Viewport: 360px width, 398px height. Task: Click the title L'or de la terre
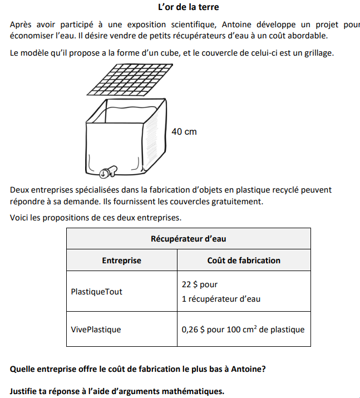pos(189,7)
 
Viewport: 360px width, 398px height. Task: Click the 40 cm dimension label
pos(184,132)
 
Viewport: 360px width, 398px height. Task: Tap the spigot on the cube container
pos(109,170)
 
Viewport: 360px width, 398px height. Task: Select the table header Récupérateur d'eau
pos(188,239)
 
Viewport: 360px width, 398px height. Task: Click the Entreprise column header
pos(121,260)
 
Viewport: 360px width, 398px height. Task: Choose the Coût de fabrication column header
pos(244,260)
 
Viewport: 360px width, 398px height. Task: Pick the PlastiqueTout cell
pos(97,291)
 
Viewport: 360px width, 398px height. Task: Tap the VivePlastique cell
pos(96,329)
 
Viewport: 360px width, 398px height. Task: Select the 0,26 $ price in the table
pos(194,329)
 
